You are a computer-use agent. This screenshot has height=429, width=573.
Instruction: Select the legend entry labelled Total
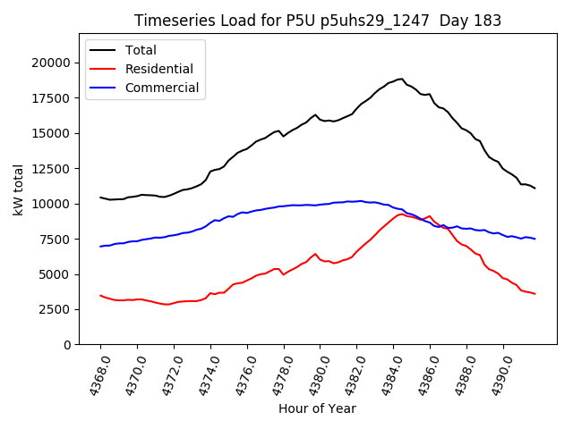[x=141, y=51]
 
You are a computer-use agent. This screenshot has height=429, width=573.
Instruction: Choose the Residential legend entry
[x=158, y=69]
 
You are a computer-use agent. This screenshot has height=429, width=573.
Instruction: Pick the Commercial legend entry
[x=162, y=88]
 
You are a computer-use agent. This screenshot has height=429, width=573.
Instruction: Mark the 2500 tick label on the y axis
[x=56, y=309]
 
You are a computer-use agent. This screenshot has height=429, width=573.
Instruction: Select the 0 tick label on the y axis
[x=68, y=344]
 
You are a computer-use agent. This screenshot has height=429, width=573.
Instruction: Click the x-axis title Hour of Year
[x=317, y=409]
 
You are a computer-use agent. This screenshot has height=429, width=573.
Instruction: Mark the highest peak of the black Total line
[x=401, y=79]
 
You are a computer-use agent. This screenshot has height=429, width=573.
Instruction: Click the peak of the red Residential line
[x=401, y=214]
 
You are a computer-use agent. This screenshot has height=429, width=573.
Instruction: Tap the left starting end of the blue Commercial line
[x=100, y=246]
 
